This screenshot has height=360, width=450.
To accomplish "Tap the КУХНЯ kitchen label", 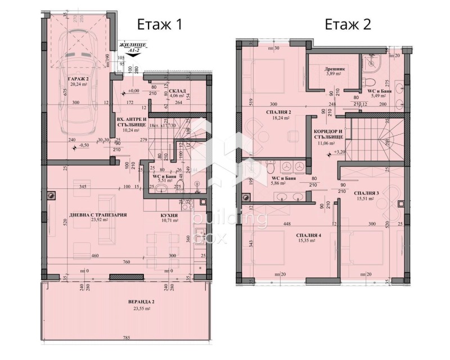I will [x=169, y=215].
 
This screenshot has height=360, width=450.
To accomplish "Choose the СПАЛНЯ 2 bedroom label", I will [x=282, y=112].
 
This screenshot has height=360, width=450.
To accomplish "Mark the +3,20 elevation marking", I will [x=340, y=152].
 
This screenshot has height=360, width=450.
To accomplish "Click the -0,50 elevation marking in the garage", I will [x=83, y=145].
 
